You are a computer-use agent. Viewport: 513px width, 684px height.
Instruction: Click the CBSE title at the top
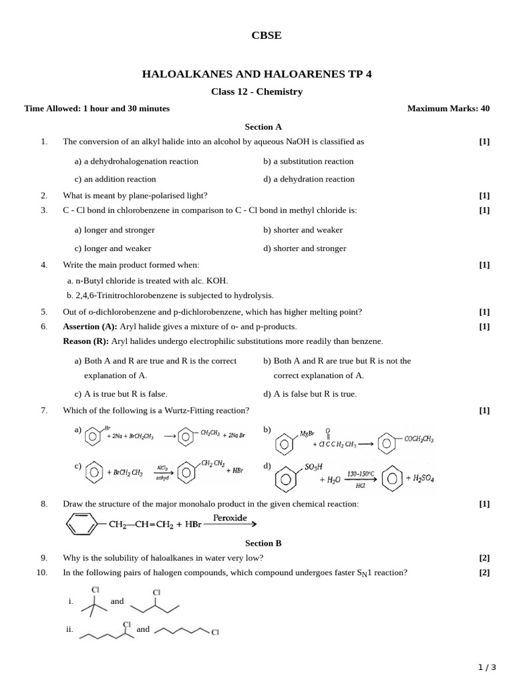(266, 36)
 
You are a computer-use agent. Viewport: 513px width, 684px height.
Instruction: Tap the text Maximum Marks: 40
(448, 108)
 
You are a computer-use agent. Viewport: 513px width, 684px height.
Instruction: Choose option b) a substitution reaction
(308, 161)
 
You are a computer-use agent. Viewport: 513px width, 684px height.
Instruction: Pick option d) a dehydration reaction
(309, 179)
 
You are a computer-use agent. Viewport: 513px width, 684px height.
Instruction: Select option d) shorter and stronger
(305, 248)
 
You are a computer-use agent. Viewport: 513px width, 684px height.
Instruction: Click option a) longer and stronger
(114, 230)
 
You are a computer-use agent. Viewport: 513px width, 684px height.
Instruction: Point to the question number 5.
(44, 312)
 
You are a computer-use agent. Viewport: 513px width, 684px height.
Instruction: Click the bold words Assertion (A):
(90, 327)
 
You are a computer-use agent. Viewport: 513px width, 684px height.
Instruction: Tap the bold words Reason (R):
(86, 341)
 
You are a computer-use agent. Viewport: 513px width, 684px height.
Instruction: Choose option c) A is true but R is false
(121, 393)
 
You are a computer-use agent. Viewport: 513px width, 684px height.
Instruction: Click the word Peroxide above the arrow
(230, 518)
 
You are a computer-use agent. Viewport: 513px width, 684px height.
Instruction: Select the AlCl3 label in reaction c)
(162, 468)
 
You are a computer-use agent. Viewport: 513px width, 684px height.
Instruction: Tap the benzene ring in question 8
(83, 524)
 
